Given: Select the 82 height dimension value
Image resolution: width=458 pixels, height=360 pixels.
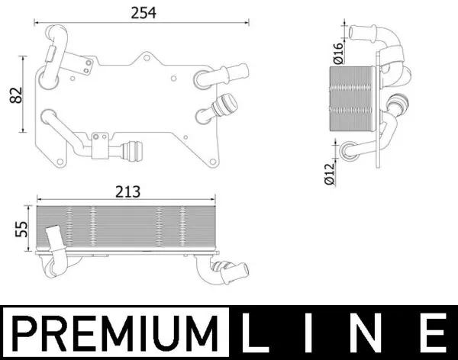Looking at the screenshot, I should (x=14, y=95).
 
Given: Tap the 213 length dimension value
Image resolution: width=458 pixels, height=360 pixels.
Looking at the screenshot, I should (x=127, y=192).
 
